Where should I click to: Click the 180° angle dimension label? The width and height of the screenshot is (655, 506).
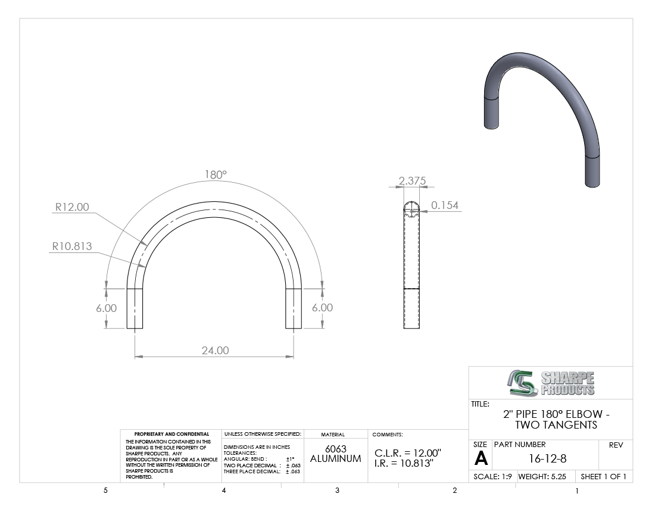point(216,174)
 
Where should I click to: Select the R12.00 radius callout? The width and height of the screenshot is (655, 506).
point(72,207)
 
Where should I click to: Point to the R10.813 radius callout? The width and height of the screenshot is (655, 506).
point(72,246)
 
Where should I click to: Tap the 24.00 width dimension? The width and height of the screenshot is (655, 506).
point(215,350)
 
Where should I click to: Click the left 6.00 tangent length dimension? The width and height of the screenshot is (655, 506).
point(106,308)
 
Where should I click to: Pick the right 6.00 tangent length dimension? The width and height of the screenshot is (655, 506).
point(323,308)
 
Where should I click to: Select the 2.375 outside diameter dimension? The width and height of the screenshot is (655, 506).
point(412,181)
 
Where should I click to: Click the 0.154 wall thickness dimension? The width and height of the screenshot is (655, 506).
point(445,205)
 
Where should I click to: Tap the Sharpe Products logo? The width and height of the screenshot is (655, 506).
point(551,383)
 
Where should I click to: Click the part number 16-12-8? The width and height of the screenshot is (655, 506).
point(548,459)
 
